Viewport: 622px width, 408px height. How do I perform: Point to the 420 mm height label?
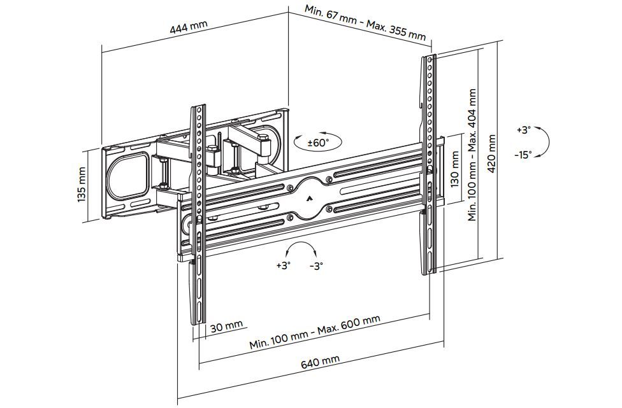point(491,153)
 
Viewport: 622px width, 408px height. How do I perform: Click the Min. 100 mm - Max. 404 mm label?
point(472,155)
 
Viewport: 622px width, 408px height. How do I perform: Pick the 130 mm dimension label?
point(454,169)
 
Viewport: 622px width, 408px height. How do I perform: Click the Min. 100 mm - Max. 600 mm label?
point(314,332)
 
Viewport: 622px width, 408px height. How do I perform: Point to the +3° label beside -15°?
point(523,130)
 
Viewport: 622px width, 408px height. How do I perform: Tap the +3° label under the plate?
point(283,265)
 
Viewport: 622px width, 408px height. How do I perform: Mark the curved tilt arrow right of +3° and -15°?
point(545,141)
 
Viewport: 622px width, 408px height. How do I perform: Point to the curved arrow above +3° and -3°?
point(300,248)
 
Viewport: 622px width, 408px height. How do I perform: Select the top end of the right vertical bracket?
point(430,59)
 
